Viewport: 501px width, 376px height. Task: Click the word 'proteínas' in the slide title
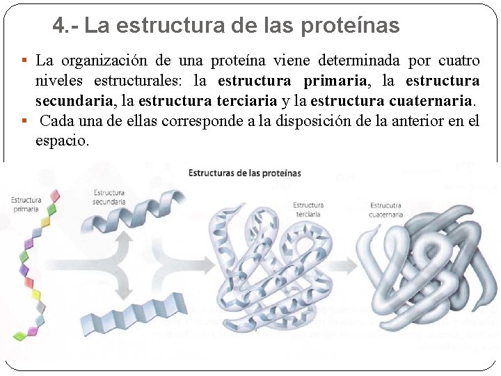pyautogui.click(x=350, y=26)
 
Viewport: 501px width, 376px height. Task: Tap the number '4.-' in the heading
pyautogui.click(x=66, y=26)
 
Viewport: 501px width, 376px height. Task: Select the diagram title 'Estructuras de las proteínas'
pyautogui.click(x=244, y=173)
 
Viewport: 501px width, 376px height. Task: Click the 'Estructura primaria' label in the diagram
pyautogui.click(x=26, y=204)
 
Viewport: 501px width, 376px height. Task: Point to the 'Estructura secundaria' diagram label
pyautogui.click(x=109, y=197)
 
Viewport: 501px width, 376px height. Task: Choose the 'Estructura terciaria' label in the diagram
pyautogui.click(x=308, y=210)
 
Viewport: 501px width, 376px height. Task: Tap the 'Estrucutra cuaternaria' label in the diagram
pyautogui.click(x=386, y=210)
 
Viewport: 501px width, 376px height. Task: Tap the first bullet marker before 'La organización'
pyautogui.click(x=25, y=61)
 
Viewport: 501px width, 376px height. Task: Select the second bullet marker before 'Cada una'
pyautogui.click(x=25, y=121)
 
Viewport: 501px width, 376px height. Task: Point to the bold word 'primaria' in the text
pyautogui.click(x=331, y=81)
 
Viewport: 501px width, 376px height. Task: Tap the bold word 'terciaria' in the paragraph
pyautogui.click(x=247, y=101)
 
